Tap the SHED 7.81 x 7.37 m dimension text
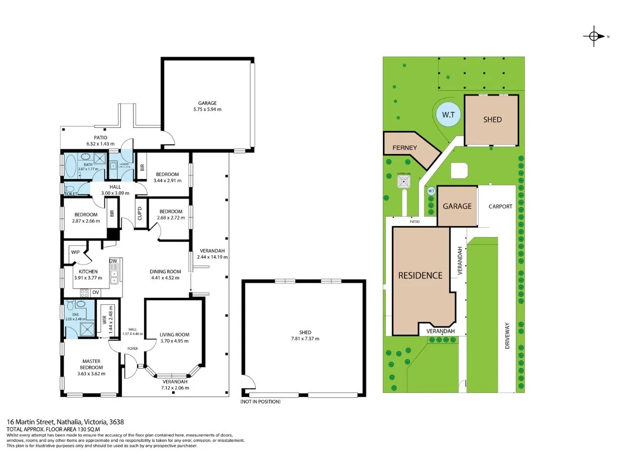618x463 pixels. (x=305, y=339)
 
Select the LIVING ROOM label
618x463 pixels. (x=174, y=335)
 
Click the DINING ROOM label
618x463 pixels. (x=165, y=271)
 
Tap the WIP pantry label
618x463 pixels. (x=75, y=252)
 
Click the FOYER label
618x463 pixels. (x=133, y=349)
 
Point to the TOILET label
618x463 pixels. (x=71, y=194)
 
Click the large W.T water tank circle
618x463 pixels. (x=448, y=115)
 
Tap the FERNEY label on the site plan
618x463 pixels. (x=405, y=148)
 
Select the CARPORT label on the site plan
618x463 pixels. (x=500, y=207)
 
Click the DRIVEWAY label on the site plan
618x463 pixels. (x=508, y=336)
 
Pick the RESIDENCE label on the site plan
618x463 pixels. (x=420, y=275)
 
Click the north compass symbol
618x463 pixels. (x=594, y=36)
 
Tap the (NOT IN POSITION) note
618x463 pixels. (x=260, y=402)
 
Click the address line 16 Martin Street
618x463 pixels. (x=65, y=422)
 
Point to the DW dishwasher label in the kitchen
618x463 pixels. (x=113, y=261)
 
